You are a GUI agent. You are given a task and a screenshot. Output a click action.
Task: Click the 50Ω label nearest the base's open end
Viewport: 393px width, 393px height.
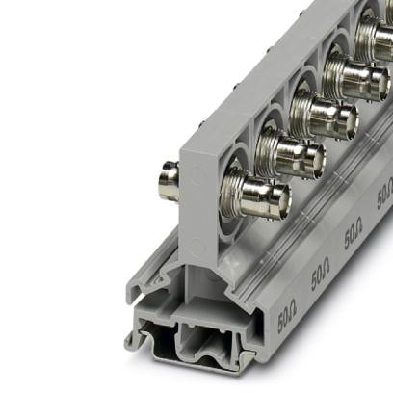pyautogui.click(x=287, y=316)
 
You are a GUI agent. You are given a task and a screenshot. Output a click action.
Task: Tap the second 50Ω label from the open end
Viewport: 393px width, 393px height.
pyautogui.click(x=320, y=274)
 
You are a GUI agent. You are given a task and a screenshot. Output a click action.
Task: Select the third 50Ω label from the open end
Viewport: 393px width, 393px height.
pyautogui.click(x=353, y=234)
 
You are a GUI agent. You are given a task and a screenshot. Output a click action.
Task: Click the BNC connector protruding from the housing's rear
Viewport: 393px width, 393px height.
pyautogui.click(x=169, y=179)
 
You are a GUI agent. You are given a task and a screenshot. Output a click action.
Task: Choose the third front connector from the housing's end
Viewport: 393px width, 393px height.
pyautogui.click(x=324, y=118)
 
